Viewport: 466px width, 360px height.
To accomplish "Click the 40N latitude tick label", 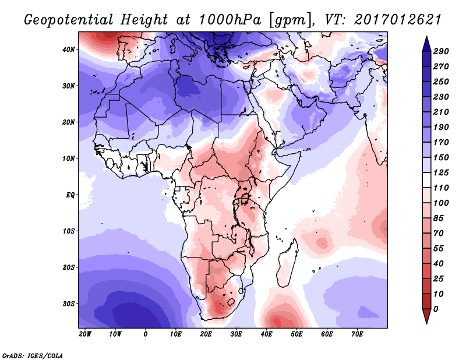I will coord(69,50).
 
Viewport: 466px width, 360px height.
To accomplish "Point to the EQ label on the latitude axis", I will coord(70,195).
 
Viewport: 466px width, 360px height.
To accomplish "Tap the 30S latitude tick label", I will coord(69,303).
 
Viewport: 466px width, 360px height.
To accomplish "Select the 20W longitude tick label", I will coord(85,334).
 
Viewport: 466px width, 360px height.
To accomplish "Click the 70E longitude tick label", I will coord(358,334).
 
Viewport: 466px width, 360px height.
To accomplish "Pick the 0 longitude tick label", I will coord(146,334).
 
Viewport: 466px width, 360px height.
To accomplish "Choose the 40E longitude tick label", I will coord(267,334).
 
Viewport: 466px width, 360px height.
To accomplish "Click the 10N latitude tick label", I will coord(69,158).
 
